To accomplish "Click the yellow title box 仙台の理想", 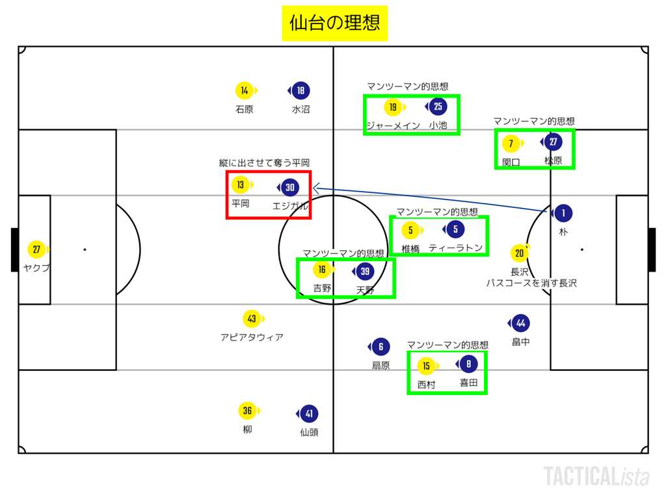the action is tap(334, 23).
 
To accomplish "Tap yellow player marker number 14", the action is tap(244, 91).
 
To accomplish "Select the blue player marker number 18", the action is tap(300, 91).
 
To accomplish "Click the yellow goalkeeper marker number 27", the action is tap(36, 249).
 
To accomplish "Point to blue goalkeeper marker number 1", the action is tap(563, 213).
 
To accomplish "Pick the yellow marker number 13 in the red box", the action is tap(241, 185).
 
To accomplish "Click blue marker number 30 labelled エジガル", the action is tap(290, 188).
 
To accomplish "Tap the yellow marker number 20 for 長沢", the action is tap(519, 253).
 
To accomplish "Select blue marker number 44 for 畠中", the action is tap(520, 323).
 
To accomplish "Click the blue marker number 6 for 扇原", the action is tap(380, 348).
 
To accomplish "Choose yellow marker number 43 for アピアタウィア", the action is tap(252, 319).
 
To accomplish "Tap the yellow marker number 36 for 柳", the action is tap(247, 411).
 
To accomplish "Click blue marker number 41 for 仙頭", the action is tap(309, 414).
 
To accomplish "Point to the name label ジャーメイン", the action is tap(393, 125).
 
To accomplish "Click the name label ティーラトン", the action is tap(456, 248).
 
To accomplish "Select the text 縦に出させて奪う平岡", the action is tap(264, 163).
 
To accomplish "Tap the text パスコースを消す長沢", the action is tap(531, 283).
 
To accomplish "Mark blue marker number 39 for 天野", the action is tap(365, 272).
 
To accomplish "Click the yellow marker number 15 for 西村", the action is tap(426, 366).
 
